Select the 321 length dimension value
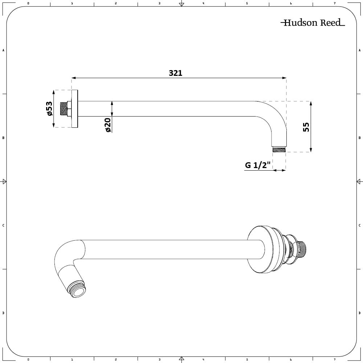point(175,73)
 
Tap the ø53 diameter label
point(49,109)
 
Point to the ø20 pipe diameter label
point(108,125)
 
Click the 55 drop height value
point(306,127)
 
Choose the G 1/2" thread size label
point(258,166)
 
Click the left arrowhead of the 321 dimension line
point(73,78)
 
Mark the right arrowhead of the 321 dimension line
point(284,78)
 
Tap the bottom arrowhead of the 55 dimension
point(310,150)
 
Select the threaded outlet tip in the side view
point(279,149)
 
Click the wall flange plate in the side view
point(75,109)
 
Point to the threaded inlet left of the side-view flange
point(66,109)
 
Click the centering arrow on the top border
point(181,4)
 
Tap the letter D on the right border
point(359,313)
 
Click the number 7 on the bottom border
point(334,359)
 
